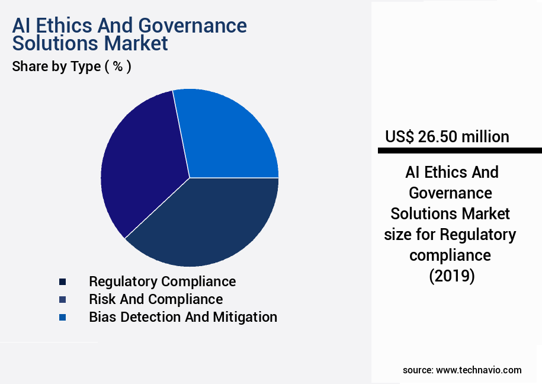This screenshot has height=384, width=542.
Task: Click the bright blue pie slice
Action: (228, 136)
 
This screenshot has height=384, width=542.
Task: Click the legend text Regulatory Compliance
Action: (162, 281)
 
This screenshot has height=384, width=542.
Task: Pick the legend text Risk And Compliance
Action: (156, 299)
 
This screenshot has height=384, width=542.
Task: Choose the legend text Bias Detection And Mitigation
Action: (183, 317)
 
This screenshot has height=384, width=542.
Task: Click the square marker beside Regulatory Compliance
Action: (63, 281)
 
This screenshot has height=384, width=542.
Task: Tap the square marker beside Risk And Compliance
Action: (63, 299)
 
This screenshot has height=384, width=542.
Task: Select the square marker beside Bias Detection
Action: (63, 317)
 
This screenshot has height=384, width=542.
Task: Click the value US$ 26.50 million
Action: (447, 137)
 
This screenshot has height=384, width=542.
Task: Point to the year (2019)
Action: (452, 276)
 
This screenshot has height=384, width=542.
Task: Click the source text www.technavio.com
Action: (479, 370)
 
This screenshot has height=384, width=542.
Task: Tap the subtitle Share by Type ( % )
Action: (72, 66)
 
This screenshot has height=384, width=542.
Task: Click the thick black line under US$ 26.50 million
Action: (460, 151)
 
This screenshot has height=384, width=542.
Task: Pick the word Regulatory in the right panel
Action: (477, 235)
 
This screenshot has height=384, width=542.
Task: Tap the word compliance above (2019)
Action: (450, 255)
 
